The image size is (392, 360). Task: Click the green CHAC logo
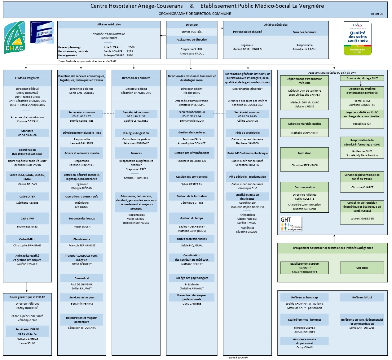(x=15, y=38)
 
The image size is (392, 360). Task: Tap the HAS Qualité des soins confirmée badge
(x=357, y=38)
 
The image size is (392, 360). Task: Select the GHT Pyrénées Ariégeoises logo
(x=291, y=224)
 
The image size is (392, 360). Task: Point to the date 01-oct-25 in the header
(x=377, y=14)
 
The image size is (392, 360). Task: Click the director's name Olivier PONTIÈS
(x=192, y=32)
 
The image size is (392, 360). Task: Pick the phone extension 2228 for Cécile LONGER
(x=130, y=51)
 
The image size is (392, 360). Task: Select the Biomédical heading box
(x=82, y=278)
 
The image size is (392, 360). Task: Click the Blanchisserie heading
(x=82, y=239)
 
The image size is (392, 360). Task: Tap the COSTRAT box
(x=362, y=268)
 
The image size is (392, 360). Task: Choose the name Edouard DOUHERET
(x=304, y=272)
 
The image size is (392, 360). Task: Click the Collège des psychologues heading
(x=192, y=278)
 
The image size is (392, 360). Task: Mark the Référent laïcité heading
(x=362, y=297)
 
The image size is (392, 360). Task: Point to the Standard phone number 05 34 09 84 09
(x=27, y=135)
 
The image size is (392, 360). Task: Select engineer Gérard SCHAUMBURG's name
(x=247, y=49)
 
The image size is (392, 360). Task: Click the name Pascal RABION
(x=362, y=124)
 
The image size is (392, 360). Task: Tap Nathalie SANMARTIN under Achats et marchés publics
(x=304, y=133)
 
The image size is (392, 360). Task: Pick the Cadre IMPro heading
(x=27, y=239)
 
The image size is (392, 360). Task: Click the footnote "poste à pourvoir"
(x=238, y=358)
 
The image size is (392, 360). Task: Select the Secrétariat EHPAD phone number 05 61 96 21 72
(x=27, y=334)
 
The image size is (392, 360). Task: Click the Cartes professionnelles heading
(x=192, y=239)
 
